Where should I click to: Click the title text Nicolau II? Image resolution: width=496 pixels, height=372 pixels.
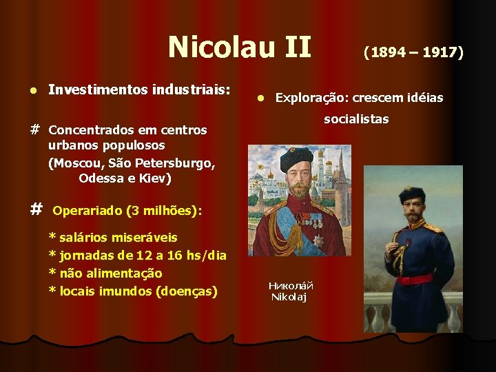pyautogui.click(x=240, y=48)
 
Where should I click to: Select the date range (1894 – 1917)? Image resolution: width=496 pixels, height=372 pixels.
pyautogui.click(x=414, y=52)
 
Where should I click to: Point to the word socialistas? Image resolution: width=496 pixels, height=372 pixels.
pyautogui.click(x=356, y=119)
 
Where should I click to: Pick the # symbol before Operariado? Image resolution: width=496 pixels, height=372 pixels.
pyautogui.click(x=37, y=209)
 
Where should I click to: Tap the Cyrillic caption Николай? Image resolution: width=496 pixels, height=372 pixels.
pyautogui.click(x=291, y=285)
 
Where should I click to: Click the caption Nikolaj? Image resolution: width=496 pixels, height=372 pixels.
pyautogui.click(x=289, y=297)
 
